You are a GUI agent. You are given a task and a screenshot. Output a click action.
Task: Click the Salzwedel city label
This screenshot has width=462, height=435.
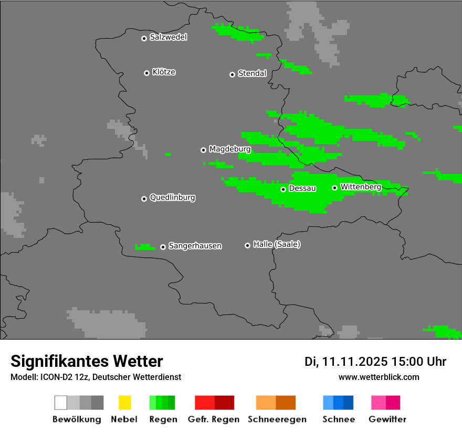coord(168,37)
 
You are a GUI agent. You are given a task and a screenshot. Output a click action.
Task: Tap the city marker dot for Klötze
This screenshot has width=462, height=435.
coord(146,73)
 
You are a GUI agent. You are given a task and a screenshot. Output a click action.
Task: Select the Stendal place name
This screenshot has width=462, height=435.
coord(252,73)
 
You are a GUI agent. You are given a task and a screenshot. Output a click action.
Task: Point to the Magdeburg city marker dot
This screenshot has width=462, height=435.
coord(203,150)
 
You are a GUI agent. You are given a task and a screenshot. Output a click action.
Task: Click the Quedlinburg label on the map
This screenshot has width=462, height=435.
coord(172,198)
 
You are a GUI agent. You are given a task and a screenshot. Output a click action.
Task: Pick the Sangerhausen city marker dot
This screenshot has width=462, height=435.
coord(163,247)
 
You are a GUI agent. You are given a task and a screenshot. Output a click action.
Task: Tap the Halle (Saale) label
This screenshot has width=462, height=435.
coord(277,244)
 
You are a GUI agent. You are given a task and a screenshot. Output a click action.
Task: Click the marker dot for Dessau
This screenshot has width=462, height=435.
coord(283,189)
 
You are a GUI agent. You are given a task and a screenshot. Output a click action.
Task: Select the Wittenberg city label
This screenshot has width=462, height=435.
coord(361,187)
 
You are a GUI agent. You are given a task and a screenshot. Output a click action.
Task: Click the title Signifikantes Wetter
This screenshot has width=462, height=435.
coord(87,361)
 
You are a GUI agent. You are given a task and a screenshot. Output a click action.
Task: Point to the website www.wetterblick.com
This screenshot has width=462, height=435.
coord(379,377)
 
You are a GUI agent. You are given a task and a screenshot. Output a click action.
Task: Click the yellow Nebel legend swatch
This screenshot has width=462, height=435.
coord(124,403)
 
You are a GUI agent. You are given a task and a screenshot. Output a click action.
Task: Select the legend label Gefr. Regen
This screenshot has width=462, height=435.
coord(213,419)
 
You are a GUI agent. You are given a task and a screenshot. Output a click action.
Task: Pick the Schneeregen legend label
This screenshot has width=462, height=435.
coord(275,419)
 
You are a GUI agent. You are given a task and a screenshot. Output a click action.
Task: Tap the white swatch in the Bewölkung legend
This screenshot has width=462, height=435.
coord(61,403)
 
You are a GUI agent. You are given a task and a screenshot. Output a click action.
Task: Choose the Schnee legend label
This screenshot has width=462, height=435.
coord(339,419)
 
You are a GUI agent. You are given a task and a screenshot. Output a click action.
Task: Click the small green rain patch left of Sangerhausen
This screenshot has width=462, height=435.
coord(144,247)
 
